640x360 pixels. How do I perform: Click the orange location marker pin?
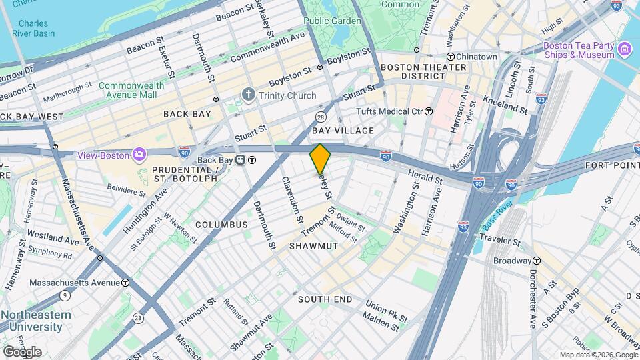pos(320,159)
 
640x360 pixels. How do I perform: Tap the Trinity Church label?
pos(288,95)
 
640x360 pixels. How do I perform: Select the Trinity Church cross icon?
pos(249,95)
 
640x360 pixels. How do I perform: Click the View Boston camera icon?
pos(139,154)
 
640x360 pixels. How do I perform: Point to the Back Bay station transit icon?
pos(252,160)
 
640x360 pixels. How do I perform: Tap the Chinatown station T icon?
pos(451,57)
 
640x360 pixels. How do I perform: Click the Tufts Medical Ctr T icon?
pos(429,111)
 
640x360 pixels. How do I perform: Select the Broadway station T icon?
pos(536,261)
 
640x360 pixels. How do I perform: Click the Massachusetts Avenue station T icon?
pos(125,283)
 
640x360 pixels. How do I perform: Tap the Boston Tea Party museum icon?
pos(625,49)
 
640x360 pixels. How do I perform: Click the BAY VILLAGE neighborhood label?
pos(343,131)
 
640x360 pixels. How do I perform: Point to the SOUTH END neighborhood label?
pos(325,299)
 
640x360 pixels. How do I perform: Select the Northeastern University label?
pos(31,321)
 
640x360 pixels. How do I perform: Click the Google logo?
pos(21,352)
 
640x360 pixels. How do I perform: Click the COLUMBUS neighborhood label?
pos(221,225)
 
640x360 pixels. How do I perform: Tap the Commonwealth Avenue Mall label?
pos(128,90)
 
